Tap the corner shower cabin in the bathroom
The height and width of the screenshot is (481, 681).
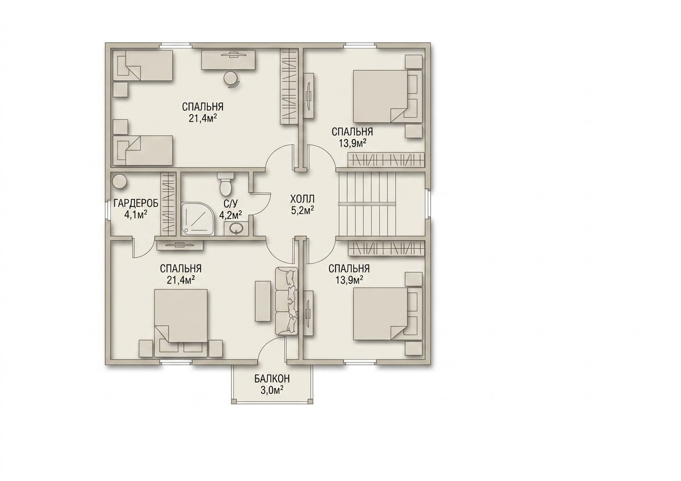tap(198, 219)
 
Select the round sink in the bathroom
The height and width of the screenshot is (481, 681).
tap(236, 228)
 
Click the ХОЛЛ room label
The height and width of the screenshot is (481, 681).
tap(302, 199)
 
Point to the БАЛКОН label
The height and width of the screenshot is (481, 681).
tap(272, 379)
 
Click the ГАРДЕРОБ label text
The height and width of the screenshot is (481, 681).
tap(136, 203)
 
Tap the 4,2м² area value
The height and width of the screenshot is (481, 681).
tap(231, 215)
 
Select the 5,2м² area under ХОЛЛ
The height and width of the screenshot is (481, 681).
tap(303, 211)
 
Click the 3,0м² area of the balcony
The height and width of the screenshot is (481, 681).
tap(272, 390)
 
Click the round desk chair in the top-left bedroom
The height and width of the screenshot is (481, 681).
tap(232, 79)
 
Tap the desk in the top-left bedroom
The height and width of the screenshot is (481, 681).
tap(228, 60)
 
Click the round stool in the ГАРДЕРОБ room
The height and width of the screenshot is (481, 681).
tap(119, 181)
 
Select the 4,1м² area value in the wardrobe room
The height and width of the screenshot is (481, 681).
tap(136, 215)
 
